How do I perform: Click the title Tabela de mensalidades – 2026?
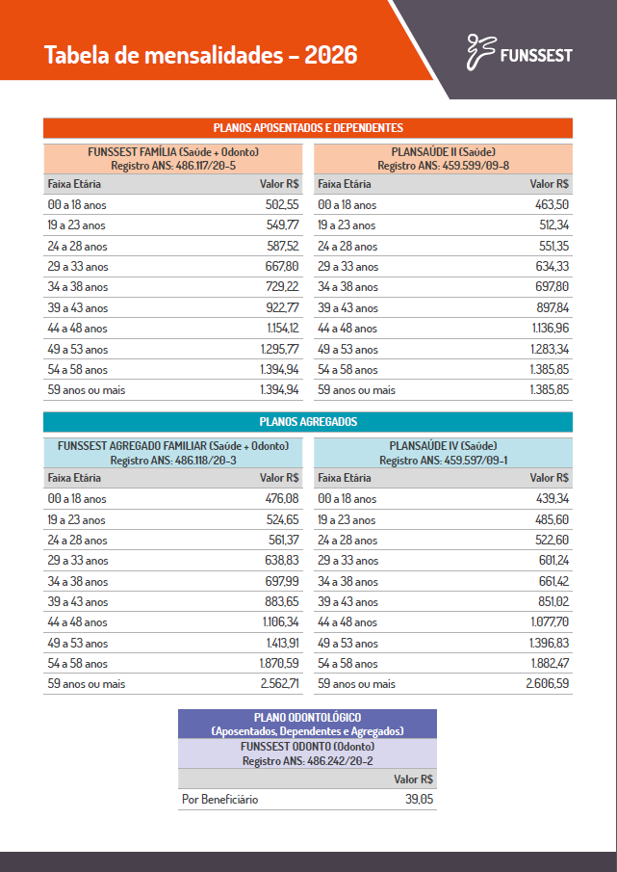[200, 55]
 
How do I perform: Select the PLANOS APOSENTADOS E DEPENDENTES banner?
[308, 127]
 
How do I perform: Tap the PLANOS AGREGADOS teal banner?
[308, 422]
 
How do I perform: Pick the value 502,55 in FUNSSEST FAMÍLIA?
[282, 205]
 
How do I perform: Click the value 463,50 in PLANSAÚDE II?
[552, 205]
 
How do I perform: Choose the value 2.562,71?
[279, 684]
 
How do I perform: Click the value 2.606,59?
[548, 684]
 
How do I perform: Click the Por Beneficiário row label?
[220, 799]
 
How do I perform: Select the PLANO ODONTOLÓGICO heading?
[307, 718]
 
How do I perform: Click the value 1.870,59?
[279, 664]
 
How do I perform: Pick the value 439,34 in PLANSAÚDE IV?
[552, 499]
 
